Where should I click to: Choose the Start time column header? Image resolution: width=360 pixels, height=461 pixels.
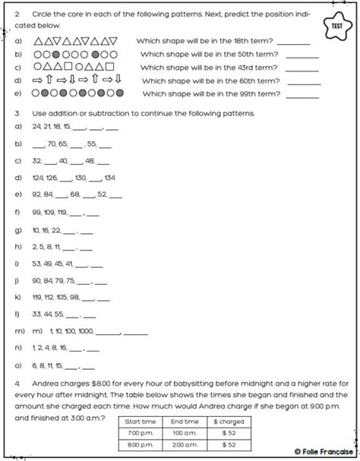(141, 421)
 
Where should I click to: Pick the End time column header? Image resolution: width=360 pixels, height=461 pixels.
(185, 421)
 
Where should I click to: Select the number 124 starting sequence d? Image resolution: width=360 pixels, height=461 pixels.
(37, 178)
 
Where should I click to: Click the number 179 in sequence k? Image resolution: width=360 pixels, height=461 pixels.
(37, 295)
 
